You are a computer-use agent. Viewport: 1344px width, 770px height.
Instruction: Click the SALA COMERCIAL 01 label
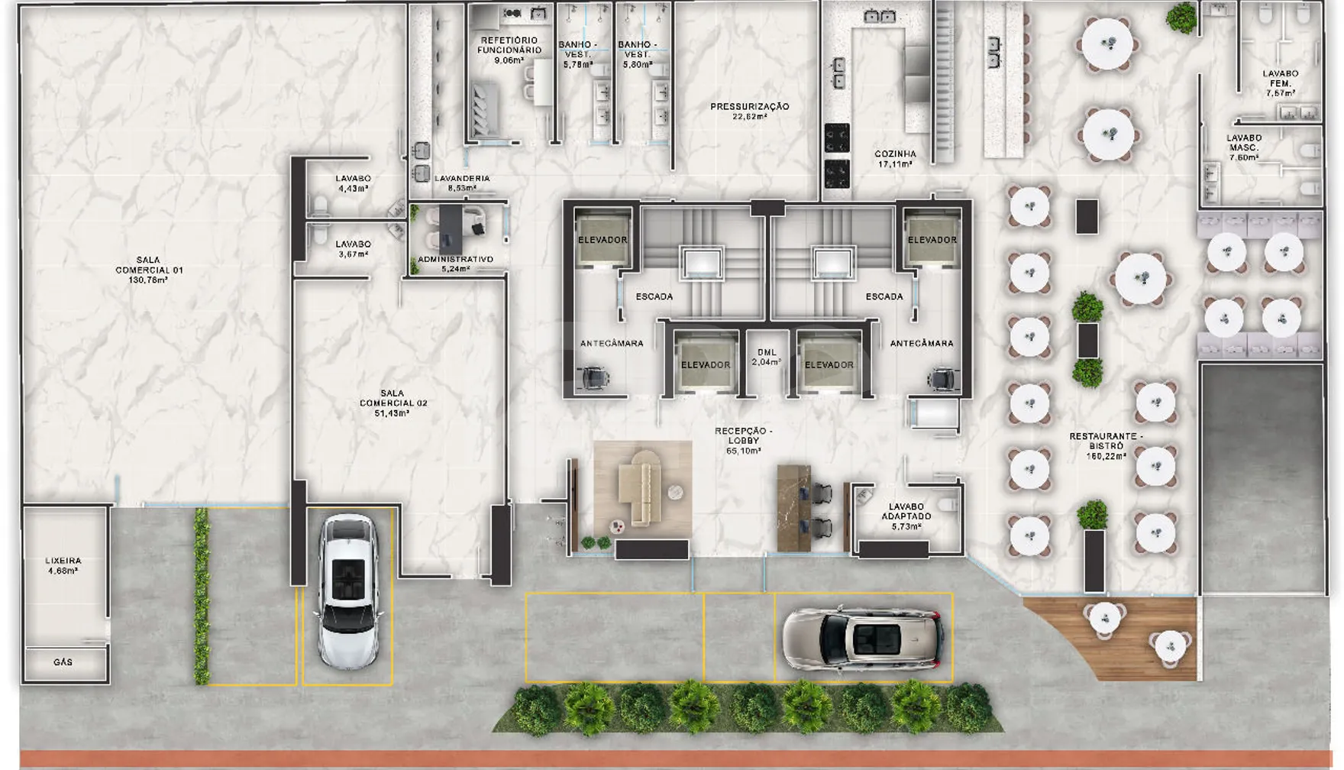pos(149,270)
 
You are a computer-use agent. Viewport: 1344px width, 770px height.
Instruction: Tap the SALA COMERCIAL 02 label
pos(393,403)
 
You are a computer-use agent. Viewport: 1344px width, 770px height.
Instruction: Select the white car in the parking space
pos(348,590)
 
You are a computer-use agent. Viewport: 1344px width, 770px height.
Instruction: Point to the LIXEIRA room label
pos(63,565)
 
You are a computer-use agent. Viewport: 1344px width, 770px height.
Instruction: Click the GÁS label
pos(63,662)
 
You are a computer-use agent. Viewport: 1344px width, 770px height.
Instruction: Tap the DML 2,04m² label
pos(766,357)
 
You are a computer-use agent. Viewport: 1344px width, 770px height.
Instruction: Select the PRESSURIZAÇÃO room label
pos(750,112)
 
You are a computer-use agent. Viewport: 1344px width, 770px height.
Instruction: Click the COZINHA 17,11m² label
pos(895,159)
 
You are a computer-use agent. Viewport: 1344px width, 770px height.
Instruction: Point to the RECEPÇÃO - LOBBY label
pos(744,441)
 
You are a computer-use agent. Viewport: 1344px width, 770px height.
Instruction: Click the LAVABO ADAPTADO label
pos(906,516)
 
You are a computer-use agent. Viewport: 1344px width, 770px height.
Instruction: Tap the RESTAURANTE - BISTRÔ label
pos(1106,446)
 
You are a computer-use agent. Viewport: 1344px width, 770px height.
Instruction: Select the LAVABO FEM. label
pos(1281,83)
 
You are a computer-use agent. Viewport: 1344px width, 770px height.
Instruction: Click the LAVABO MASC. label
pos(1244,147)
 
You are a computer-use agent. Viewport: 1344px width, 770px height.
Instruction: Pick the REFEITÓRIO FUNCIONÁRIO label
pos(509,50)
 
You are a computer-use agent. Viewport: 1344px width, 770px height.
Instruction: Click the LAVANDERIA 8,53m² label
pos(462,183)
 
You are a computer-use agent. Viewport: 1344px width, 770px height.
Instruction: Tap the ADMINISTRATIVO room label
pos(456,264)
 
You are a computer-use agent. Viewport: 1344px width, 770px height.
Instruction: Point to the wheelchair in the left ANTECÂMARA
pos(593,377)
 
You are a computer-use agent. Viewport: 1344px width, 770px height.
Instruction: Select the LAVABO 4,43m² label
pos(353,183)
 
